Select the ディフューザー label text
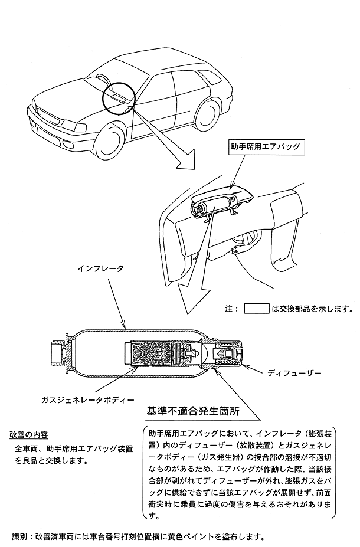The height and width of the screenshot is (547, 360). (x=294, y=374)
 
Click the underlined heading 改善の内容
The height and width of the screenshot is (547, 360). (x=28, y=435)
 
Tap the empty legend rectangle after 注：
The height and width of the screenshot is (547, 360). (x=257, y=308)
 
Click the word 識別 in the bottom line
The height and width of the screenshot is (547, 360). (x=20, y=536)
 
